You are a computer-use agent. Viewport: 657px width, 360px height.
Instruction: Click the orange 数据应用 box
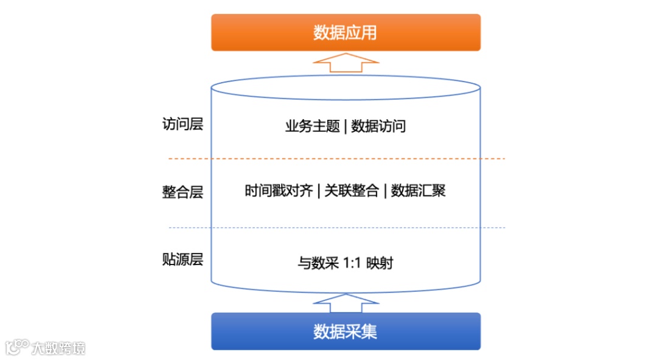346,32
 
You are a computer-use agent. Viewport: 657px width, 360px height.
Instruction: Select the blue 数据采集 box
346,331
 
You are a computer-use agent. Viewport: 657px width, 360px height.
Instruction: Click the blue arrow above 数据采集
346,303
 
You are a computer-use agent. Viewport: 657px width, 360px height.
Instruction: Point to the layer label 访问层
182,125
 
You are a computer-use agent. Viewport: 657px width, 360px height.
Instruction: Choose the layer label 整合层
182,192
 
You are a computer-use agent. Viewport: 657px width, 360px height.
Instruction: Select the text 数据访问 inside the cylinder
378,126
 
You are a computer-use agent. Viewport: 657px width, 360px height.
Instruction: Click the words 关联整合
351,191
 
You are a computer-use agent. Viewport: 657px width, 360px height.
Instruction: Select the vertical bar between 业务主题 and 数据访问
346,126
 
